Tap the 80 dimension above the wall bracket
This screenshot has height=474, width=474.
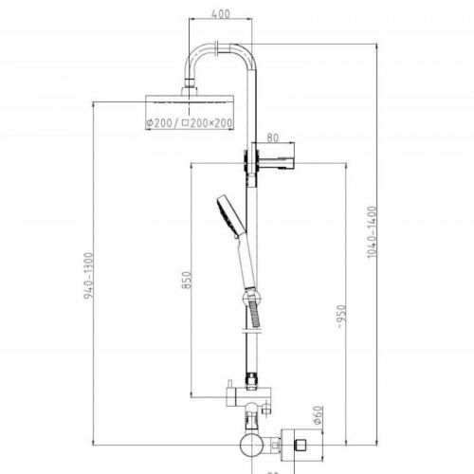(x=273, y=137)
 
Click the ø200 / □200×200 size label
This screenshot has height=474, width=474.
(x=189, y=124)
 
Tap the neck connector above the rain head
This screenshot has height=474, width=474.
(x=193, y=86)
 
